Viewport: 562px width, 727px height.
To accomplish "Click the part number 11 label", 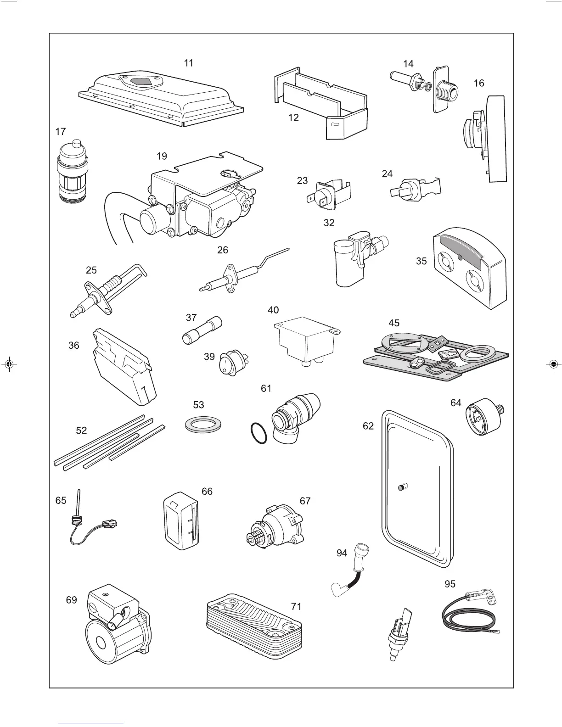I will point(189,63).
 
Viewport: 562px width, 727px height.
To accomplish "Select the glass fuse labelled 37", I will point(202,330).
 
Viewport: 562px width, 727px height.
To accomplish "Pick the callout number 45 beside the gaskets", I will point(393,323).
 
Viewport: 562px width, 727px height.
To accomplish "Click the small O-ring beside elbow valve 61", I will point(259,433).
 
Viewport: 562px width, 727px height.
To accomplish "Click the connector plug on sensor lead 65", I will point(110,523).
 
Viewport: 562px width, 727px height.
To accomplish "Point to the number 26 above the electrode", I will point(223,250).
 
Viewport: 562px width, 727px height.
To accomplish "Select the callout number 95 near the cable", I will point(450,584).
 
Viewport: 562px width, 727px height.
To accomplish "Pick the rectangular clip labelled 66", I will point(180,521).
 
